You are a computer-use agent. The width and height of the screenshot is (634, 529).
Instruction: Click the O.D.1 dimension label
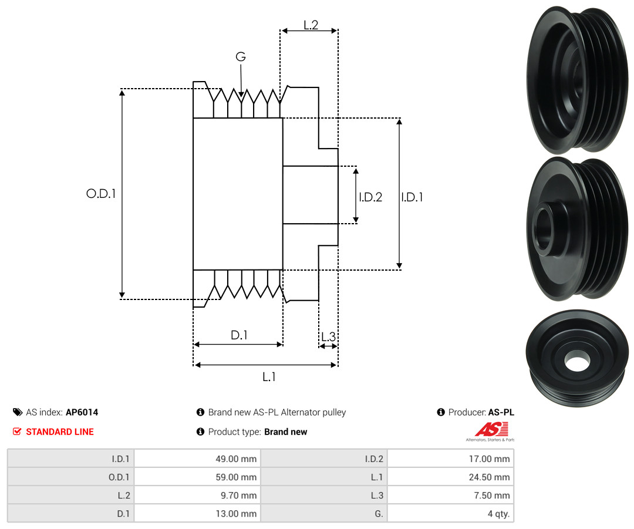pyautogui.click(x=101, y=193)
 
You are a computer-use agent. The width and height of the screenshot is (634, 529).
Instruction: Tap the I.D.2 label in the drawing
pyautogui.click(x=370, y=197)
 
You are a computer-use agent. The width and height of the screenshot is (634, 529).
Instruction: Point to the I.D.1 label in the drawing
pyautogui.click(x=412, y=197)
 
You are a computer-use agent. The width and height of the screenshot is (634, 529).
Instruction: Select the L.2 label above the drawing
pyautogui.click(x=311, y=25)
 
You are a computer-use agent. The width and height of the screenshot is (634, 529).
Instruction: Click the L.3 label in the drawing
pyautogui.click(x=328, y=336)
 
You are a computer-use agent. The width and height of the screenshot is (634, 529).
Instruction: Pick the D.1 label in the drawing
pyautogui.click(x=239, y=335)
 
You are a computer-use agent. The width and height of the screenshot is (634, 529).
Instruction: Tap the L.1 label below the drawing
pyautogui.click(x=268, y=377)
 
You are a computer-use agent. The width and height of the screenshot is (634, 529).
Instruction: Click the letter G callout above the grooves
pyautogui.click(x=241, y=57)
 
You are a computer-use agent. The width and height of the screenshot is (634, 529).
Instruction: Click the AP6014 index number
pyautogui.click(x=82, y=412)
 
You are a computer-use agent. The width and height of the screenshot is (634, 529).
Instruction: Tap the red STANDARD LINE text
pyautogui.click(x=60, y=432)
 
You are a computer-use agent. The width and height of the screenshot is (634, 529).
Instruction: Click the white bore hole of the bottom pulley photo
pyautogui.click(x=577, y=360)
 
